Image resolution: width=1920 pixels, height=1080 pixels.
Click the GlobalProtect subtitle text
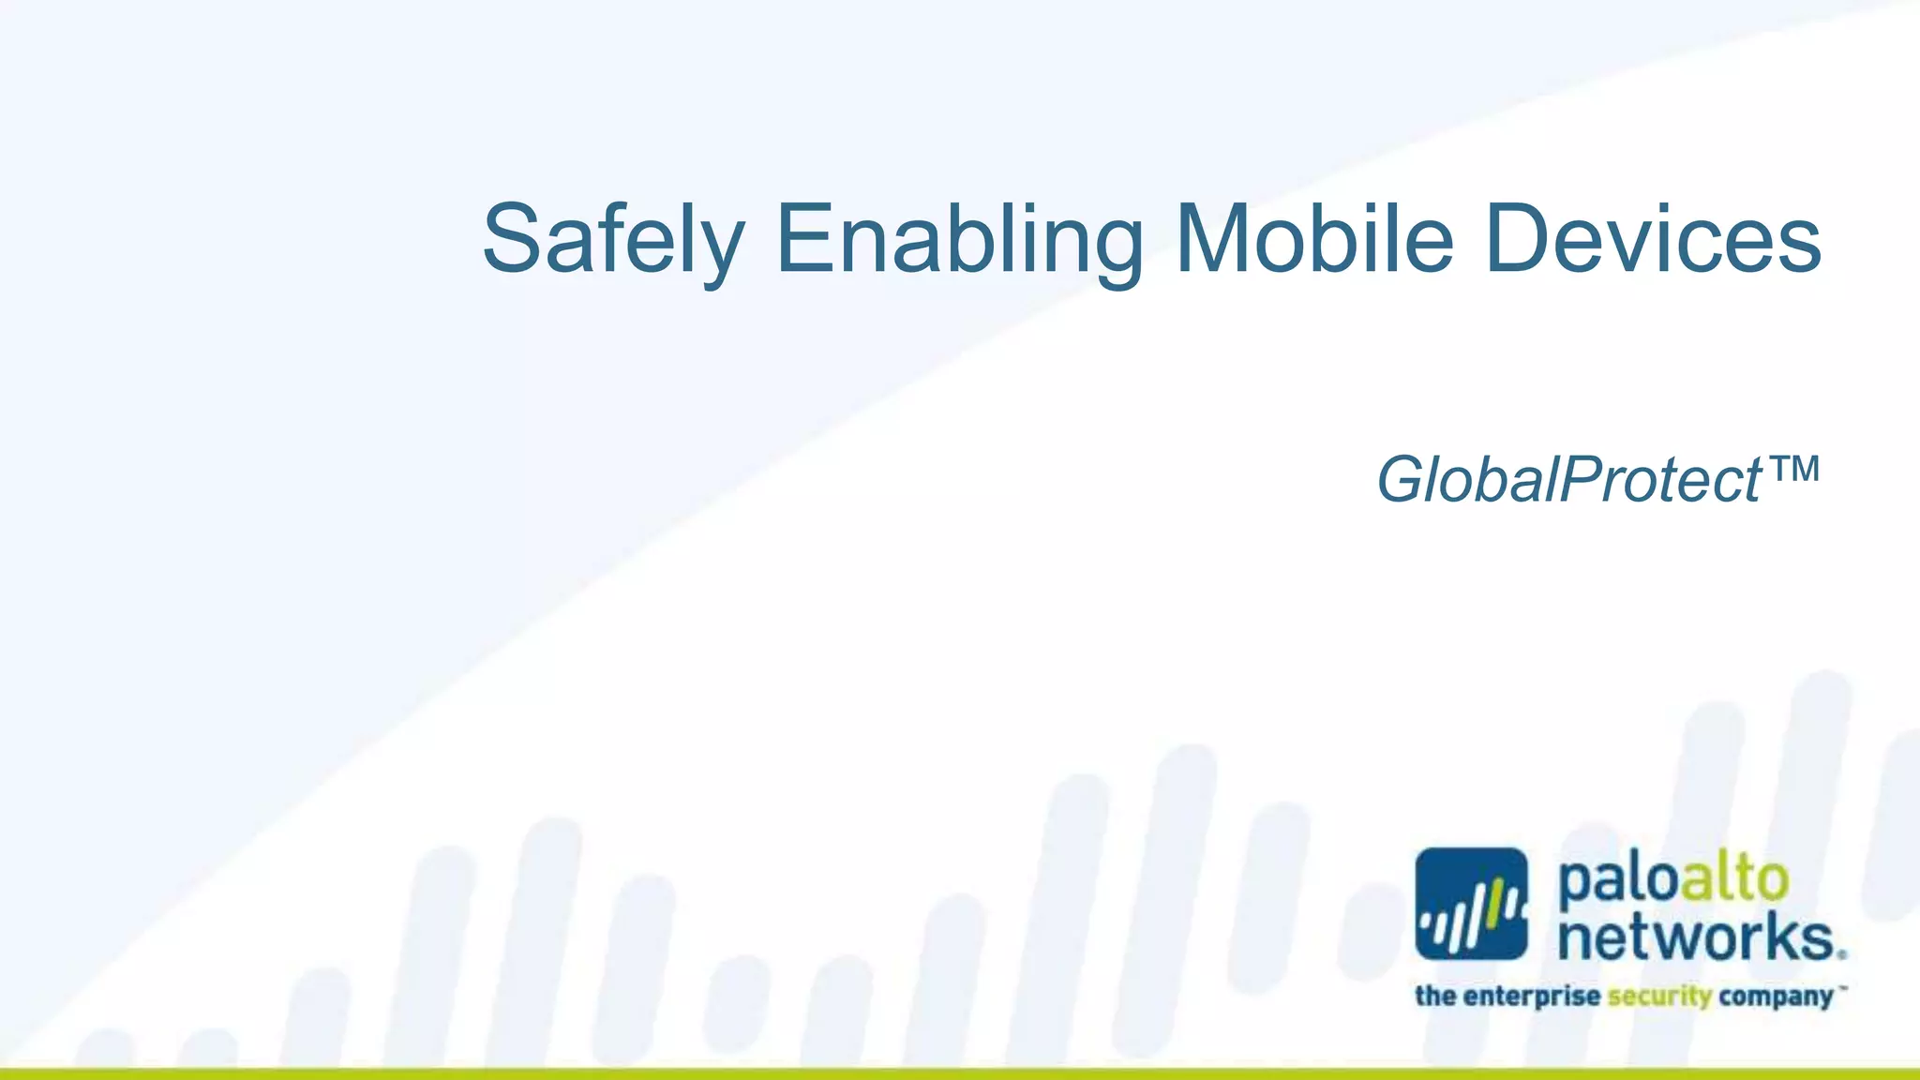[x=1568, y=480]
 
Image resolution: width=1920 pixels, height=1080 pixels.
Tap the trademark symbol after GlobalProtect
[x=1792, y=468]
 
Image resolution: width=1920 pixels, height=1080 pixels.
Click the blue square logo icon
[x=1471, y=905]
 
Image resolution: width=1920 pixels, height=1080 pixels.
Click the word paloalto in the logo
[x=1672, y=881]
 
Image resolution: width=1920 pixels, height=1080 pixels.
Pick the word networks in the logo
[x=1695, y=937]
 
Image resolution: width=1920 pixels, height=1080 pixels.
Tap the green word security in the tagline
[x=1659, y=996]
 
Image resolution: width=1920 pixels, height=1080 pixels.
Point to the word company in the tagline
[x=1776, y=997]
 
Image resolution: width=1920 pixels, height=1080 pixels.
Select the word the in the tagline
[x=1435, y=995]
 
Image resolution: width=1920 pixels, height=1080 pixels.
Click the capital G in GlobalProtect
[x=1403, y=480]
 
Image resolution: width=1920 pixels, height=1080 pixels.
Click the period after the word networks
[x=1842, y=954]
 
